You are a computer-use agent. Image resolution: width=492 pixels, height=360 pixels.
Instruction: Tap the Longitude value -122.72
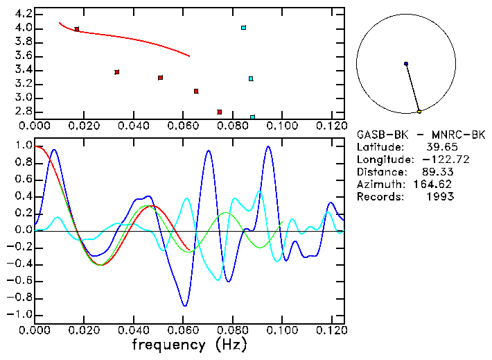pyautogui.click(x=434, y=160)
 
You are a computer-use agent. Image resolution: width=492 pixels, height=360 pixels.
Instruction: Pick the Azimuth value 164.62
pyautogui.click(x=437, y=185)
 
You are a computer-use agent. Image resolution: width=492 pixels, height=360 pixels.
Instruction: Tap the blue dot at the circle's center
pyautogui.click(x=406, y=64)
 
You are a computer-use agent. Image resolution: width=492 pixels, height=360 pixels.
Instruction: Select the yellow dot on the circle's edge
pyautogui.click(x=419, y=111)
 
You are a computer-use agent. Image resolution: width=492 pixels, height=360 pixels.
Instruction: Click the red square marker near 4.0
pyautogui.click(x=77, y=29)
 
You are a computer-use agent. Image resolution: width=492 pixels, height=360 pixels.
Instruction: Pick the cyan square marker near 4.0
pyautogui.click(x=244, y=28)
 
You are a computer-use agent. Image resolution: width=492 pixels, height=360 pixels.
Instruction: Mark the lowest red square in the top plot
pyautogui.click(x=220, y=112)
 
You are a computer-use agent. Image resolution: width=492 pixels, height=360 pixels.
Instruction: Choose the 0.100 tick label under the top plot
pyautogui.click(x=281, y=126)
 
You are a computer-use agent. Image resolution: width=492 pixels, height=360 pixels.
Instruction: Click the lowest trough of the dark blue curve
pyautogui.click(x=184, y=305)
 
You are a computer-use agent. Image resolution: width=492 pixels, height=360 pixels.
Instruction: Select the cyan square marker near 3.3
pyautogui.click(x=251, y=78)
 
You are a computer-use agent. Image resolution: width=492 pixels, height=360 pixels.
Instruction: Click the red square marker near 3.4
pyautogui.click(x=117, y=72)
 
